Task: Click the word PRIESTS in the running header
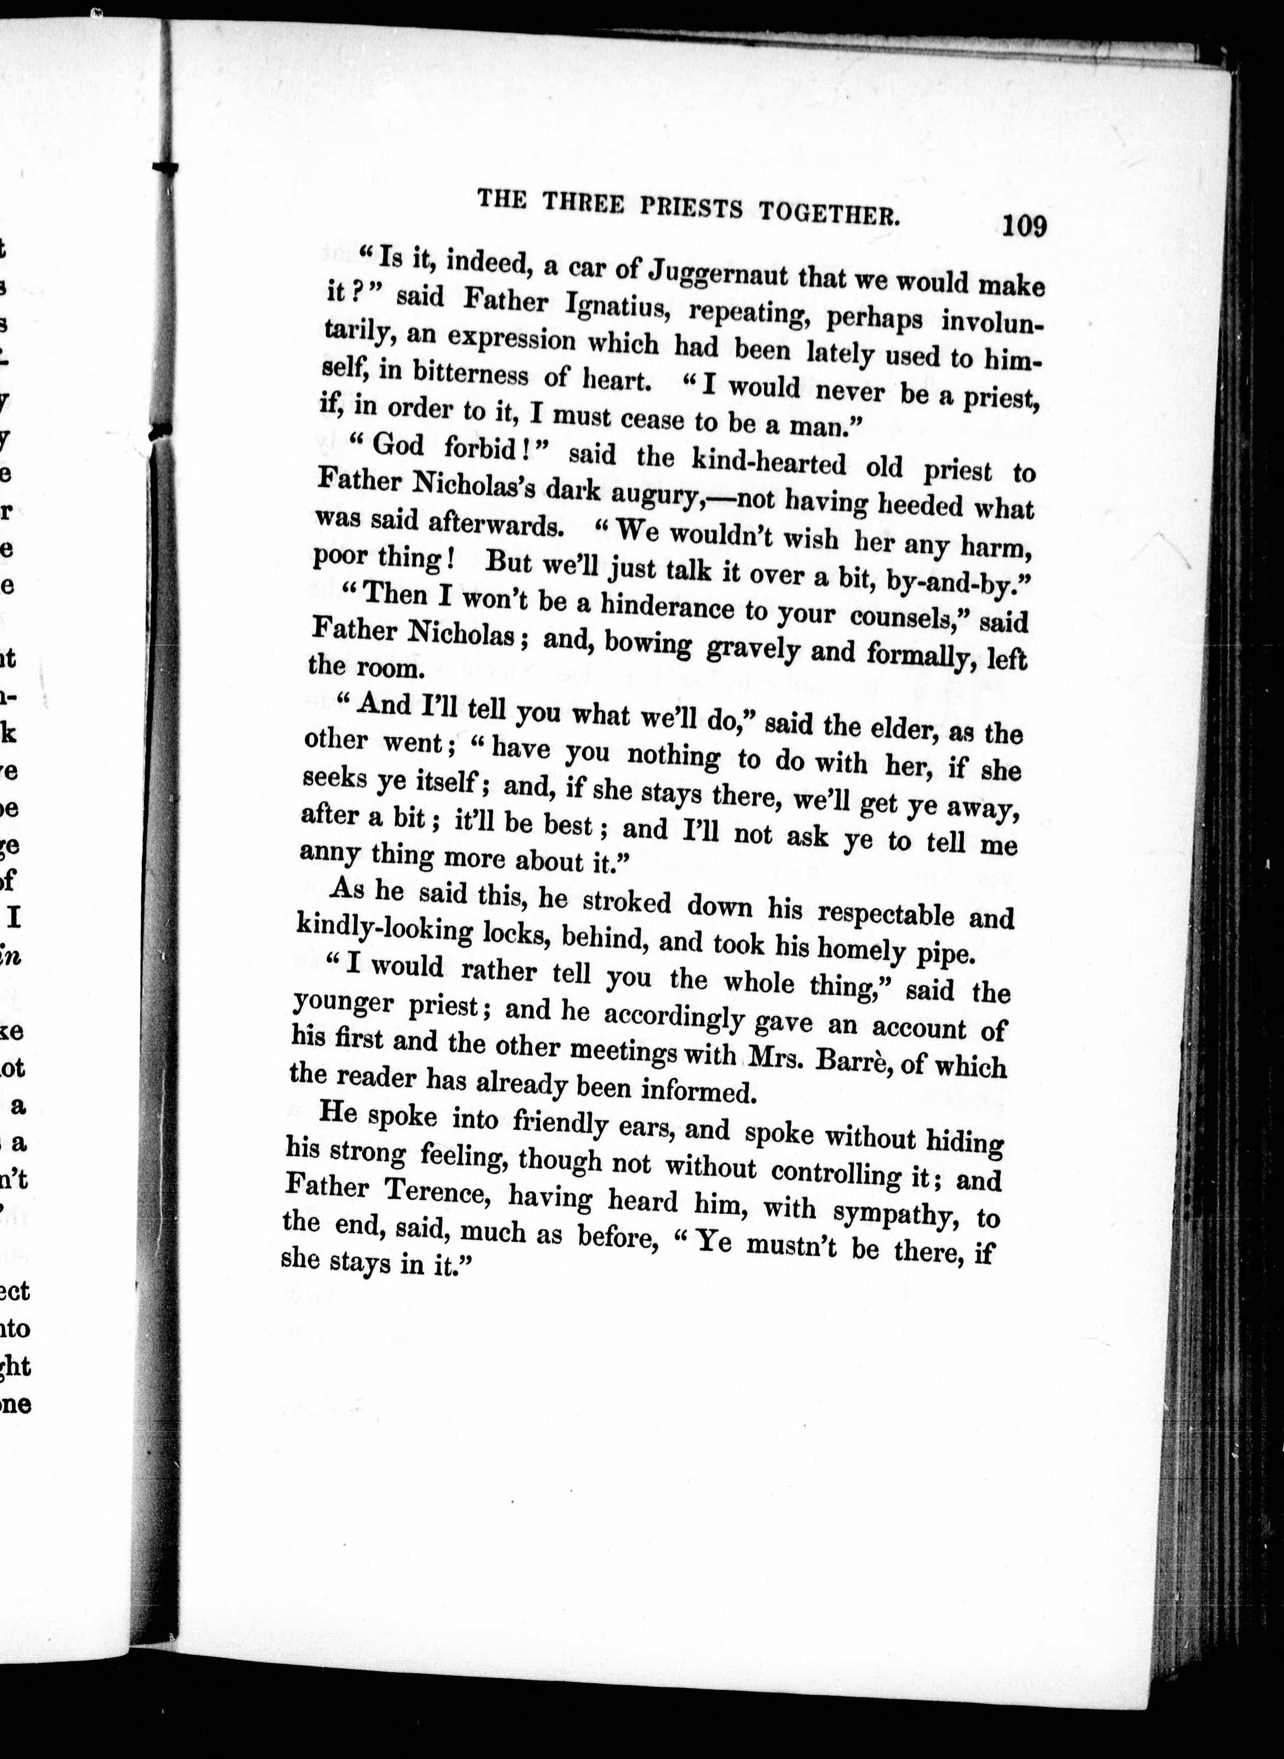click(692, 207)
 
